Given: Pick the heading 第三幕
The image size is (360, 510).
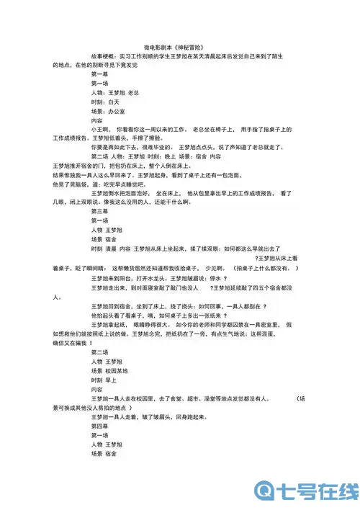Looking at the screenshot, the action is pos(100,212).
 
